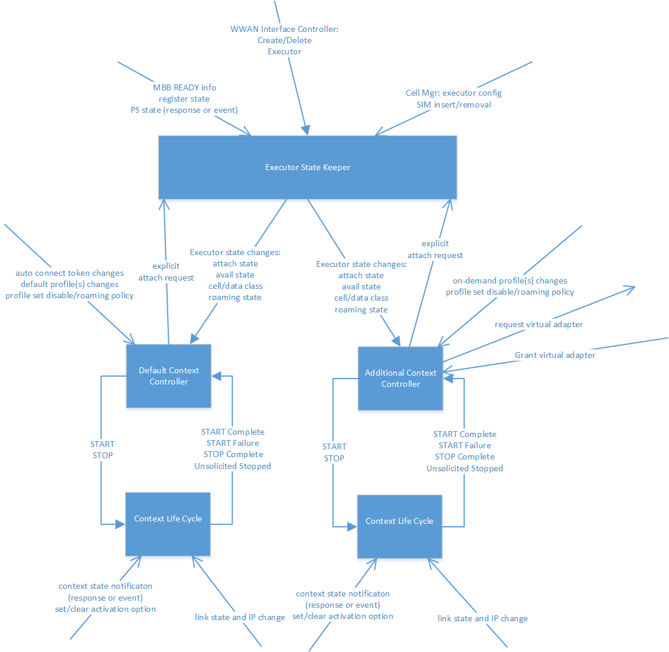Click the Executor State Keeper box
point(308,167)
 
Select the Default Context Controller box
point(168,376)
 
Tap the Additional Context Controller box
point(400,379)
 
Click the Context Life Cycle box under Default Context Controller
point(168,519)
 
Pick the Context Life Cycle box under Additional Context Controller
point(399,521)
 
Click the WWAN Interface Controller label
point(284,29)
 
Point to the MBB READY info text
point(184,87)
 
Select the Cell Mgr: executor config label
point(453,93)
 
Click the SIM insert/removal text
point(453,105)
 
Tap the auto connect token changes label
point(70,273)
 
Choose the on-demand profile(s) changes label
point(510,281)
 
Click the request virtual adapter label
point(539,324)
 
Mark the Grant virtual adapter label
point(555,355)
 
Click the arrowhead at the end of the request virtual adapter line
point(632,288)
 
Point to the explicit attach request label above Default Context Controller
point(166,272)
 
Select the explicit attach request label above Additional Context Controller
point(435,249)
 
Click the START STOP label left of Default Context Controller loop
point(102,449)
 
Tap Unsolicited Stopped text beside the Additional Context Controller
point(465,468)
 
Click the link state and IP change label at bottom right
point(482,618)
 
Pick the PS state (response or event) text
point(184,110)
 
